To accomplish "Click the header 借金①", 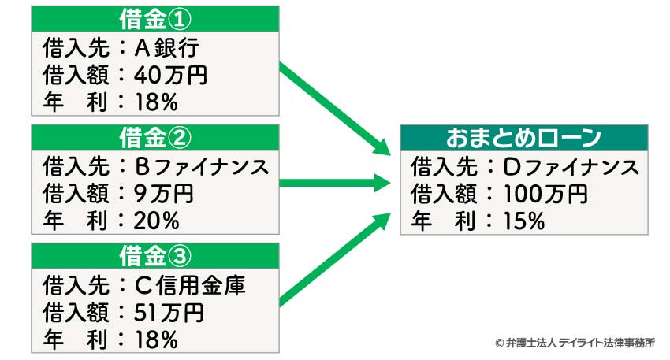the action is [x=155, y=19].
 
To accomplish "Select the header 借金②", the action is [x=155, y=138].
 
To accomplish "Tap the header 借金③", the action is [x=155, y=256].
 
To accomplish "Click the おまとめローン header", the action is [x=524, y=138].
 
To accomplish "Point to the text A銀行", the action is [x=166, y=47].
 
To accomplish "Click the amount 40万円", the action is [x=170, y=75].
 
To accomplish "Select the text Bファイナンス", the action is [x=202, y=166].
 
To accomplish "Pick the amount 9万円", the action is [x=164, y=194].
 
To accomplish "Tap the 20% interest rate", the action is [x=156, y=221].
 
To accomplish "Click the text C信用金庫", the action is [x=190, y=285].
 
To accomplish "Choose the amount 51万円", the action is [x=169, y=313].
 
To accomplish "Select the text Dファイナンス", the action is [x=571, y=166].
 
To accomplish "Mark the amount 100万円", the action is [x=545, y=194].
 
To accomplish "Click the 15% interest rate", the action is [x=524, y=221].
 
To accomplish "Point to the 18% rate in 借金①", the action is [x=156, y=102].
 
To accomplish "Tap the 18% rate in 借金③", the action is [x=156, y=340].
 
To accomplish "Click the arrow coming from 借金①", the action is [x=335, y=109].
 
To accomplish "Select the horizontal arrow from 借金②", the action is [x=335, y=184].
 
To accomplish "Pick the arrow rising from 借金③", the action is [x=335, y=259].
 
